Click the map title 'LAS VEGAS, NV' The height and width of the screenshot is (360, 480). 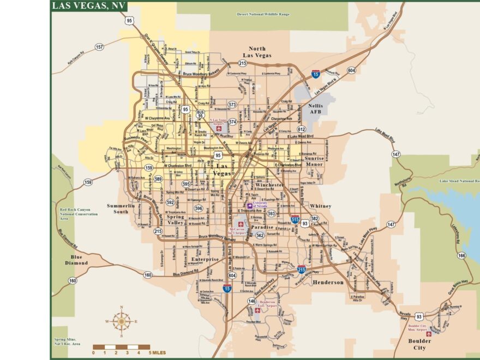(88, 6)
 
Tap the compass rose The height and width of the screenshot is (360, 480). (121, 321)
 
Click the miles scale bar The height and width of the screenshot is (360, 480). (121, 347)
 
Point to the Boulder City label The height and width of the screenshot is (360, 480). (419, 344)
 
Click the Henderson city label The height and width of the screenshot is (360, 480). (328, 282)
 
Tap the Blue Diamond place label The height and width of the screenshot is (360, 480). (76, 260)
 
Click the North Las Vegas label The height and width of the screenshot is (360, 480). (260, 52)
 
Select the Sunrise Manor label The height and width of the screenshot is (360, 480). (314, 161)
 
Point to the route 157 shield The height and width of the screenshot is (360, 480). (99, 47)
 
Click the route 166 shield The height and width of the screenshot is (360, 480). (461, 255)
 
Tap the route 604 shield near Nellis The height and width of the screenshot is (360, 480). (351, 70)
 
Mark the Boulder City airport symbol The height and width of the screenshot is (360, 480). (429, 334)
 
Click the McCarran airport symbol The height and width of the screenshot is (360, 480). (241, 224)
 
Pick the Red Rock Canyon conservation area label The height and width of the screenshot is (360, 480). (76, 214)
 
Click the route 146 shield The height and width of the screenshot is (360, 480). (251, 301)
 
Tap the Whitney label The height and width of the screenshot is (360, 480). (320, 206)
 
